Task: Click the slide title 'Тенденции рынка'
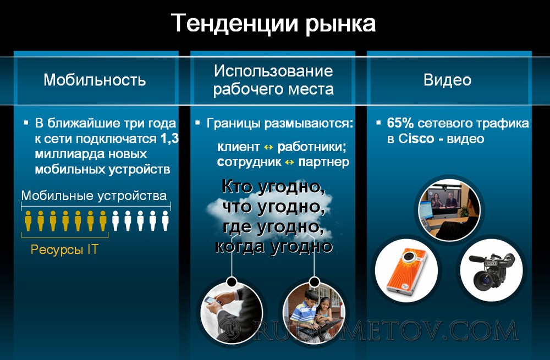[273, 24]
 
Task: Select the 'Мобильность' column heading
[95, 80]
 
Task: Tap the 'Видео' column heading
[447, 80]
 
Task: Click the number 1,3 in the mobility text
[169, 139]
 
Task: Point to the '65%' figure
[400, 123]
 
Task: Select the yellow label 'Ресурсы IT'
[64, 249]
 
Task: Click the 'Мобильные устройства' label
[94, 195]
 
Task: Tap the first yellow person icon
[28, 220]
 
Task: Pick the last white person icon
[165, 220]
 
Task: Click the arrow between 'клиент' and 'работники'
[268, 147]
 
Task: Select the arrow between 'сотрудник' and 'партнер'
[289, 162]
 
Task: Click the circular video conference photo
[449, 210]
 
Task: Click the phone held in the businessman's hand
[212, 301]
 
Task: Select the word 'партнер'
[324, 162]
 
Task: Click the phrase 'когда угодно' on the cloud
[273, 246]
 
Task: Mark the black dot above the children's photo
[315, 281]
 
